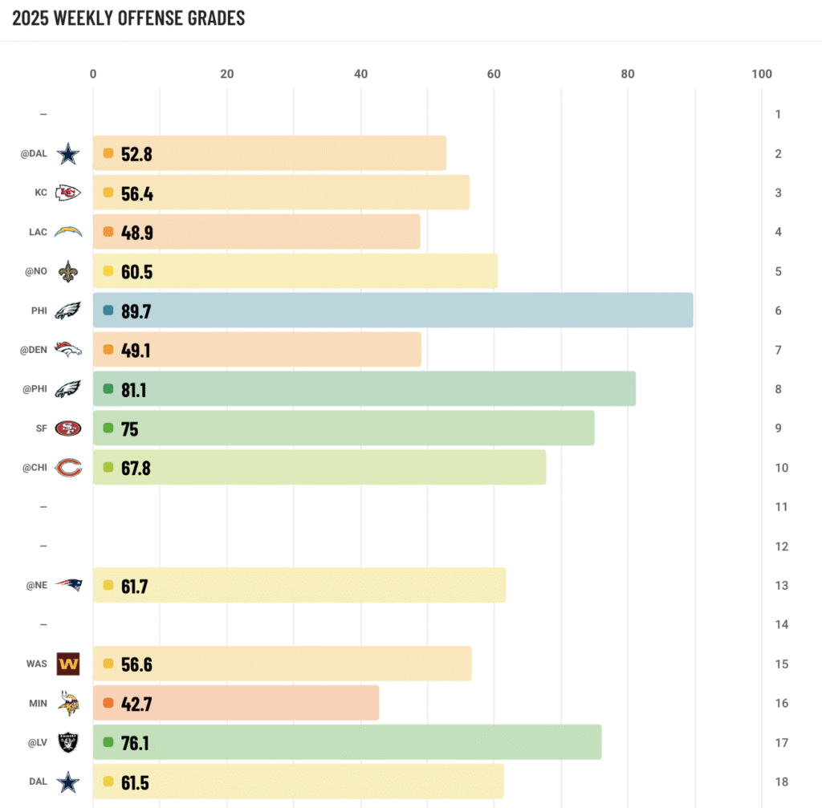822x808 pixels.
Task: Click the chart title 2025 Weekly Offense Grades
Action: click(x=128, y=18)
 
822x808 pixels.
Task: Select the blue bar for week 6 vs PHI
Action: click(x=393, y=311)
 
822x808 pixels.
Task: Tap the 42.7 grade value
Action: click(x=136, y=704)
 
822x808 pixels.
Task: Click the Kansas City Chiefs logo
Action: click(x=68, y=193)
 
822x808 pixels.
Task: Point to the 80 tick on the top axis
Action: click(x=628, y=74)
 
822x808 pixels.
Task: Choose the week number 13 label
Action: click(x=782, y=585)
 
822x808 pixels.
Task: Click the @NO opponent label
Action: click(x=36, y=271)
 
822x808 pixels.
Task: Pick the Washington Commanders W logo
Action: click(x=68, y=664)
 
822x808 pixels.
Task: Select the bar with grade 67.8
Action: click(x=319, y=467)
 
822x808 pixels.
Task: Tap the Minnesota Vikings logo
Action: click(x=69, y=703)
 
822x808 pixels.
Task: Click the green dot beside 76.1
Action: click(x=108, y=742)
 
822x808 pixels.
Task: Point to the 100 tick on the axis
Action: click(x=762, y=74)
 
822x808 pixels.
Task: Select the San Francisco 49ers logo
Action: click(x=68, y=428)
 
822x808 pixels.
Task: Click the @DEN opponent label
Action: click(x=34, y=350)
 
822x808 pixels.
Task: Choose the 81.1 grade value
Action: click(x=134, y=390)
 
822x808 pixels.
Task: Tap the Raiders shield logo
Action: click(x=68, y=742)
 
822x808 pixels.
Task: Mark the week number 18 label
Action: click(x=782, y=782)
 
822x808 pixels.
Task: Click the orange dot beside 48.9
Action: click(x=108, y=232)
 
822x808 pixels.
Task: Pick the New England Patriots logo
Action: click(x=69, y=585)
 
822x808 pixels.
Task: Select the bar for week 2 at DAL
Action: click(x=270, y=153)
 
